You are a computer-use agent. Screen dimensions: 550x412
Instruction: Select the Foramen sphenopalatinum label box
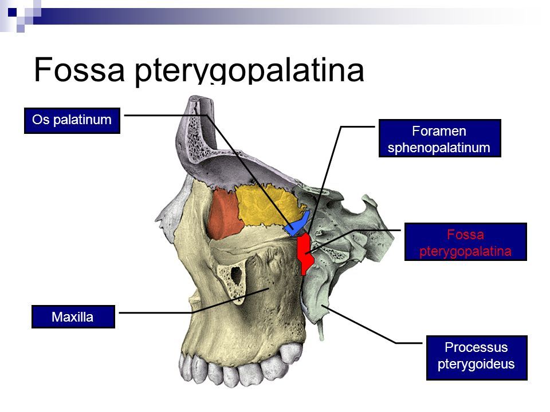click(439, 138)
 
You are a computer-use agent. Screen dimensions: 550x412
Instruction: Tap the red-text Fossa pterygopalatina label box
click(465, 242)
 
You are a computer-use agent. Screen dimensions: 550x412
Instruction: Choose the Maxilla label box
click(73, 316)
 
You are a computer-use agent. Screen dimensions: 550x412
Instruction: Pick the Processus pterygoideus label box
click(476, 358)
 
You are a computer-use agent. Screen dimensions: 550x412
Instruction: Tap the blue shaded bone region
click(299, 224)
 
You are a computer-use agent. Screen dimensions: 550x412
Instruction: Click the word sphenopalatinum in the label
click(439, 148)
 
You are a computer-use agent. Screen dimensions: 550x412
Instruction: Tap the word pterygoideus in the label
click(476, 364)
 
